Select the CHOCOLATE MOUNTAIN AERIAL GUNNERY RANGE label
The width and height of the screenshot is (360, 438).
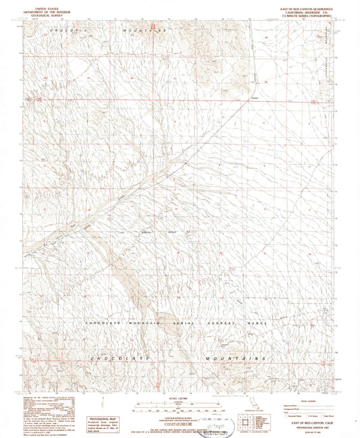pyautogui.click(x=177, y=323)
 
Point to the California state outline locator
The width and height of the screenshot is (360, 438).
pyautogui.click(x=255, y=406)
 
